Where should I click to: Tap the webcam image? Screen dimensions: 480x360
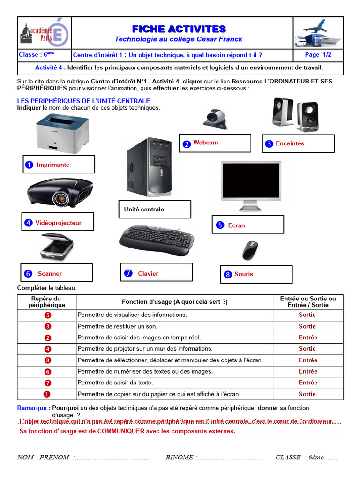coord(215,119)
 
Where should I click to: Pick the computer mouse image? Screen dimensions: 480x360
coord(249,251)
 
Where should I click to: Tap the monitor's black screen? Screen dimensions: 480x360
coord(251,181)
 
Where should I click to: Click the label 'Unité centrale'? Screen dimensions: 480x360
coord(144,210)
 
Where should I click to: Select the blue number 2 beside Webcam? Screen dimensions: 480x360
coord(187,144)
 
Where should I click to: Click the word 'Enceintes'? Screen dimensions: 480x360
coord(290,143)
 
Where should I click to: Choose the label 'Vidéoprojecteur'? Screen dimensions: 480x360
coord(59,223)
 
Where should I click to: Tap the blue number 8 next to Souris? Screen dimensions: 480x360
coord(228,275)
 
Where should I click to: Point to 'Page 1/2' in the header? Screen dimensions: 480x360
coord(318,55)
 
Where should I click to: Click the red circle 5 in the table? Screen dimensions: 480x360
coord(47,315)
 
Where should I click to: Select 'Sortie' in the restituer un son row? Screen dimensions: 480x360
coord(307,326)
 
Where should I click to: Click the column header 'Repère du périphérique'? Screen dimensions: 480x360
coord(46,301)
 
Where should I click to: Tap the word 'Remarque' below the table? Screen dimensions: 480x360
coord(33,408)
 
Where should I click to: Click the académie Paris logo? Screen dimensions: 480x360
coord(45,33)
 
